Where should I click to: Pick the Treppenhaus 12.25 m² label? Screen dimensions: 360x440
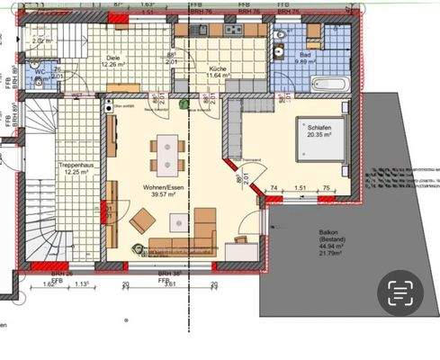tap(79, 171)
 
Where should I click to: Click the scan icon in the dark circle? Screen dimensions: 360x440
tap(399, 292)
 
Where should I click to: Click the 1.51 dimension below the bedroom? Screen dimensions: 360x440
tap(300, 189)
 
